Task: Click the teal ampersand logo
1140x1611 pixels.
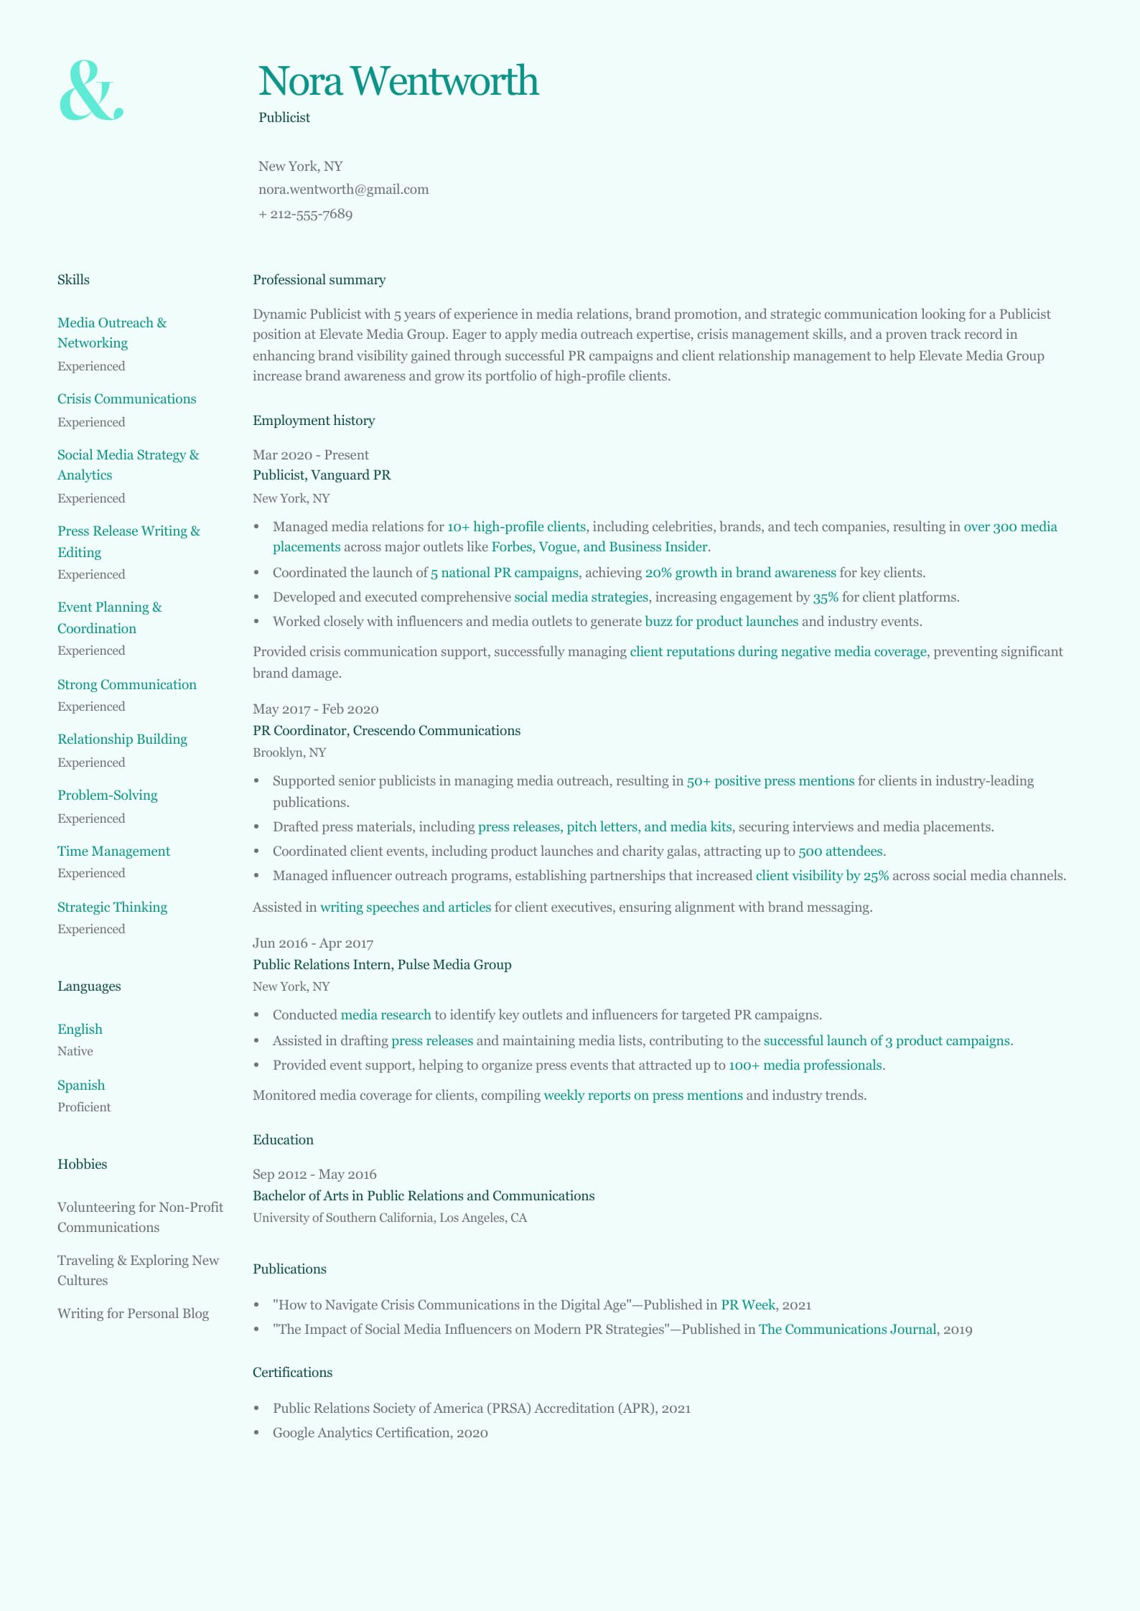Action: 90,90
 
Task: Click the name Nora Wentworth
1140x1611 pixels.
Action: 398,80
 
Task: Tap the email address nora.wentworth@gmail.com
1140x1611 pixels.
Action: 343,190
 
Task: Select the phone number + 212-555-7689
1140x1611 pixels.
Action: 305,214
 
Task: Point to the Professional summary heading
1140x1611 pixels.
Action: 319,280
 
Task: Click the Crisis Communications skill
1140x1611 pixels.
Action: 126,399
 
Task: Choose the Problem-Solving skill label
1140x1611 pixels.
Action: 107,795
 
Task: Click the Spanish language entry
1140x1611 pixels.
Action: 81,1085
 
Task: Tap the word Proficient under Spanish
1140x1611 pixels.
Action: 84,1107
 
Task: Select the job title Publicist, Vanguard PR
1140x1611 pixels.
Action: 322,475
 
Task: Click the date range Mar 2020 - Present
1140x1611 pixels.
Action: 310,455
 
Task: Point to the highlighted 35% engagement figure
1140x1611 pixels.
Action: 826,597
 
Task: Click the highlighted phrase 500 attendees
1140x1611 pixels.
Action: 841,851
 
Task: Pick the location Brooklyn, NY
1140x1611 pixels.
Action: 289,752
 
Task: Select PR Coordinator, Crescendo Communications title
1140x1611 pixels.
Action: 386,731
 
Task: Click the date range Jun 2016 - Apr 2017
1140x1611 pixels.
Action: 313,943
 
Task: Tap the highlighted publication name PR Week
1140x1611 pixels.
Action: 747,1305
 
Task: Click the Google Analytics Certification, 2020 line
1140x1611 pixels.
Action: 380,1433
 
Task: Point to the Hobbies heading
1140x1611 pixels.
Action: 82,1164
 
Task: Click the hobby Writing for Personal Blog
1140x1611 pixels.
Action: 133,1314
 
